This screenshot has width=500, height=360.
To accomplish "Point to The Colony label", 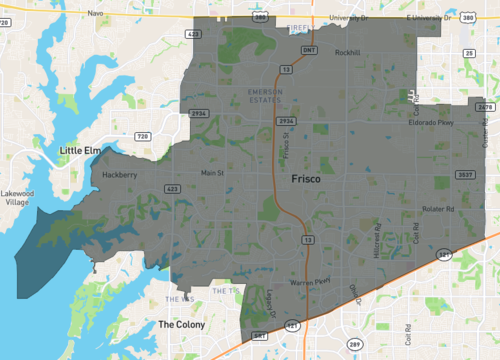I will pyautogui.click(x=181, y=325).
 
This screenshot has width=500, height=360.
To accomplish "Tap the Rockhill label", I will pyautogui.click(x=347, y=52).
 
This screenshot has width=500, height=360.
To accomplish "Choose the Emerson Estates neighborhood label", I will pyautogui.click(x=265, y=95).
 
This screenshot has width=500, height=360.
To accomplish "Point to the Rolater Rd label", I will pyautogui.click(x=438, y=209).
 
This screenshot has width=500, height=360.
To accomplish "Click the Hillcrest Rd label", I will pyautogui.click(x=378, y=240).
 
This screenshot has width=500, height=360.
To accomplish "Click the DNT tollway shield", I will pyautogui.click(x=310, y=48).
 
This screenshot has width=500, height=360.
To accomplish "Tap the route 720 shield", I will pyautogui.click(x=142, y=135).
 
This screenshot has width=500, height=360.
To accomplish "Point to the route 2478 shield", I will pyautogui.click(x=486, y=106).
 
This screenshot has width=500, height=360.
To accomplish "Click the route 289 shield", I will pyautogui.click(x=355, y=344).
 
